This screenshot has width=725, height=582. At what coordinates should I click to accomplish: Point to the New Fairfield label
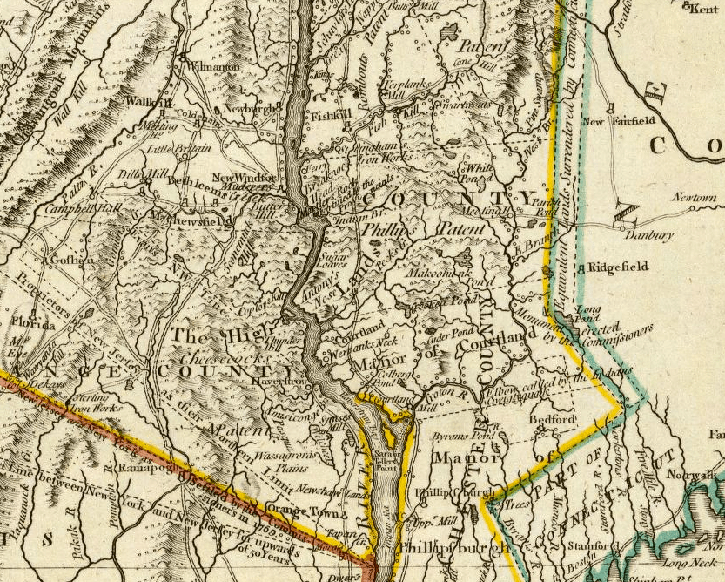[631, 122]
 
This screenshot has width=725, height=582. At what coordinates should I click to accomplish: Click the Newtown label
[694, 199]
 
